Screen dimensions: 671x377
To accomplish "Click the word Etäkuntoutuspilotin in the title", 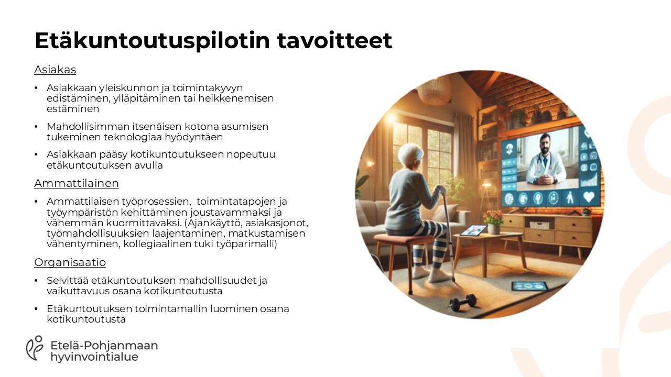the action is [x=152, y=41].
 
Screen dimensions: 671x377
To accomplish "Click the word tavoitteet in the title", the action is [x=334, y=40].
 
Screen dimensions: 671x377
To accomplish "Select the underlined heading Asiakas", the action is [x=55, y=70].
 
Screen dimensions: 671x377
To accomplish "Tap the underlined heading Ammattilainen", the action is [x=77, y=183].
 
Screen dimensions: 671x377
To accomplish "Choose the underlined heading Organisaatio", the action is [x=70, y=262].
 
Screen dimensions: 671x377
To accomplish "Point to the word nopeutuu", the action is [x=251, y=154].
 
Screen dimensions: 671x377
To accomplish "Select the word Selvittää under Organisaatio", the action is [x=68, y=280].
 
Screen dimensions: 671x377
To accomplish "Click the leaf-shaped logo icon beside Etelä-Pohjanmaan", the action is [x=35, y=348].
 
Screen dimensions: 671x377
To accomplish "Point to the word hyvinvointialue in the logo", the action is [x=94, y=357].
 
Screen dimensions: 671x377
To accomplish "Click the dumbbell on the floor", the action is [x=463, y=303].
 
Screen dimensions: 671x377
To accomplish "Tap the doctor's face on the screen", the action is [x=545, y=144].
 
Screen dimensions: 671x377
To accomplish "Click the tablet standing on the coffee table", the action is [x=473, y=231].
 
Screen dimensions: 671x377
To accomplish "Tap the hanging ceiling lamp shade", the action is [x=434, y=92].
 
